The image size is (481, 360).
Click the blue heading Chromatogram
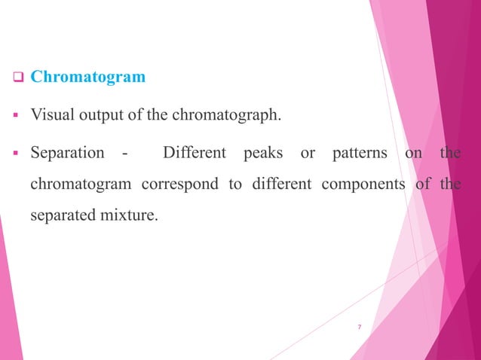(88, 77)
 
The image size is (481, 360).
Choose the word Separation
(67, 153)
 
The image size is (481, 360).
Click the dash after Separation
(124, 154)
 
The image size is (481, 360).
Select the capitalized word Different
(195, 153)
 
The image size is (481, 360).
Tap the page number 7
(360, 327)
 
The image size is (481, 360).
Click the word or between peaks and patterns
(308, 154)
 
